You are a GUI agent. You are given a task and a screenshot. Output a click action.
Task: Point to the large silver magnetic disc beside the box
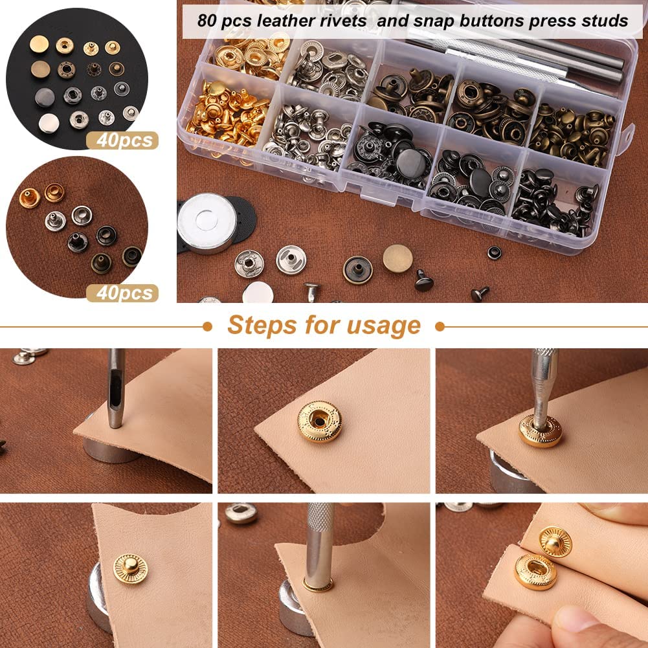coord(207,222)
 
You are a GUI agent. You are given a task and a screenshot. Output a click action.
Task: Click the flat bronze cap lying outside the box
coord(397,258)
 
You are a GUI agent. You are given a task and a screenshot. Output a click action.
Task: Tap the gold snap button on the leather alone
coord(320,421)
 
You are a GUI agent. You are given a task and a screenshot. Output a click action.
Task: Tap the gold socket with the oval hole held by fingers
coord(535,571)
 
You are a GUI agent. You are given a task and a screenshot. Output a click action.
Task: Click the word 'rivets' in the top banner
coord(346,21)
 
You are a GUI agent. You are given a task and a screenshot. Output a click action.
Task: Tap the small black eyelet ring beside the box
coord(494,252)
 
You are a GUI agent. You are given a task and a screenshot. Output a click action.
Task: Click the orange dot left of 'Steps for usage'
coord(207,326)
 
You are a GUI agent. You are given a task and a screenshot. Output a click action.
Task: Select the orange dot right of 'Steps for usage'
coord(440,326)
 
